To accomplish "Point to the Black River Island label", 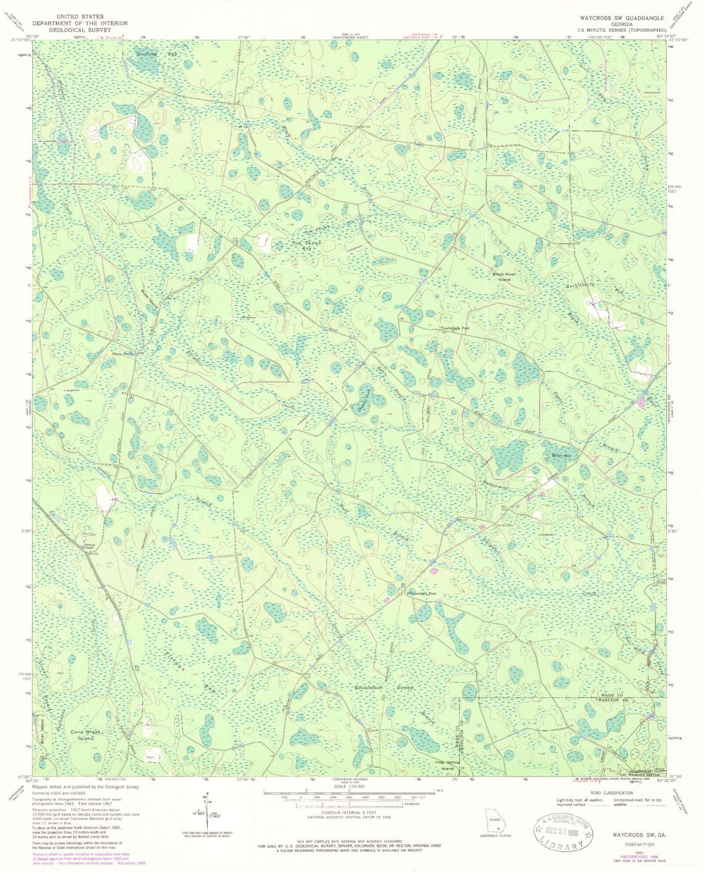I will pos(504,277).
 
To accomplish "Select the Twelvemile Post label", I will pos(455,328).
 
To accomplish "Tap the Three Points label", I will pos(123,354).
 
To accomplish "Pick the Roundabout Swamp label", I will pos(384,687).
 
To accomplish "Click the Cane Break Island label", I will pos(86,735).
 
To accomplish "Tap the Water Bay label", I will pos(561,456).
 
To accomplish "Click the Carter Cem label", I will pos(504,525).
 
